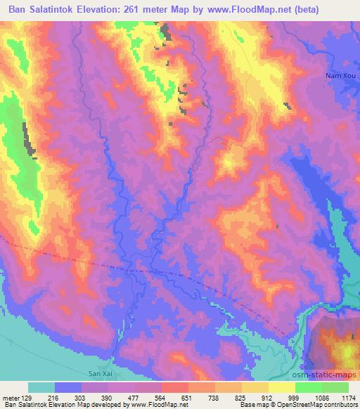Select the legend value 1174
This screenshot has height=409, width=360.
click(x=349, y=398)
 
